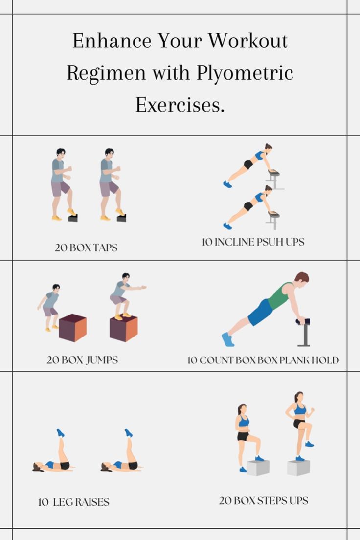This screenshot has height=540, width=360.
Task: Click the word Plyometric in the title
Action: pyautogui.click(x=246, y=73)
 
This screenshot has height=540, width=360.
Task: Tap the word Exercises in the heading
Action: pyautogui.click(x=180, y=105)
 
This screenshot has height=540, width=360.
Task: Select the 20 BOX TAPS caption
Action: pyautogui.click(x=86, y=247)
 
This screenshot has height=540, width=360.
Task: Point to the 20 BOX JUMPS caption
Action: pyautogui.click(x=82, y=360)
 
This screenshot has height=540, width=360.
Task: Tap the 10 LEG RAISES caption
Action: pyautogui.click(x=74, y=502)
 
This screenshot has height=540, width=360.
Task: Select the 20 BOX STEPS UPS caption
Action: pyautogui.click(x=264, y=500)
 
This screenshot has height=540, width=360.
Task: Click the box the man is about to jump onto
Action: pyautogui.click(x=73, y=328)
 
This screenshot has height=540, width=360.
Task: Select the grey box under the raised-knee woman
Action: pyautogui.click(x=298, y=468)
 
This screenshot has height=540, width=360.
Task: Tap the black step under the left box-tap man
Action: pyautogui.click(x=73, y=218)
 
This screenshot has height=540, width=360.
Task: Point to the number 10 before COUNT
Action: pyautogui.click(x=192, y=360)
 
